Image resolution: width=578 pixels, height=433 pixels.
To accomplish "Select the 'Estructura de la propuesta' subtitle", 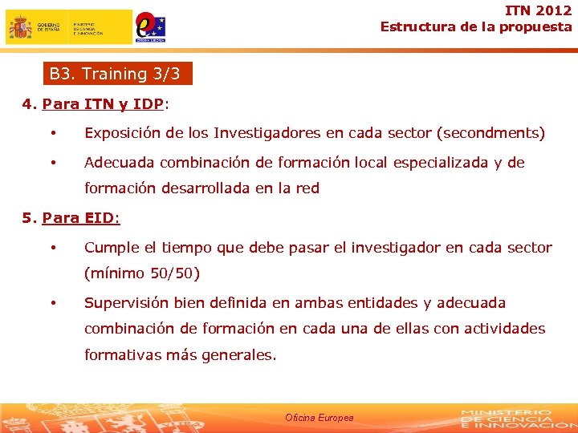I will click(x=476, y=26).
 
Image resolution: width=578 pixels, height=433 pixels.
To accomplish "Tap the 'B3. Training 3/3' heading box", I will click(x=118, y=75).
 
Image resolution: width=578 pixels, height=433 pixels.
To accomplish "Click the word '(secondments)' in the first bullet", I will click(x=493, y=133).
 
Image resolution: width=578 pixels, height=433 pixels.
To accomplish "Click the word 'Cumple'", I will click(x=110, y=248).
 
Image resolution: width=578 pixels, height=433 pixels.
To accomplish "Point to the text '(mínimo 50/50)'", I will click(x=142, y=273).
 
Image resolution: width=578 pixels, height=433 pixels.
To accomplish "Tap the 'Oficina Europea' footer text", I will click(x=319, y=418).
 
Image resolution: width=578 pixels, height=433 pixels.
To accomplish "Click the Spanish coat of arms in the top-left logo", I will click(x=21, y=28).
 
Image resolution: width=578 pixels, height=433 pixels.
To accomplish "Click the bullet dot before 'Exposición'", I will click(x=53, y=133).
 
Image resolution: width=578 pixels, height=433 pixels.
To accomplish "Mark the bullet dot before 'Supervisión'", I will click(x=53, y=303).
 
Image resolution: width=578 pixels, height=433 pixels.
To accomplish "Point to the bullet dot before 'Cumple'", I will click(x=53, y=248).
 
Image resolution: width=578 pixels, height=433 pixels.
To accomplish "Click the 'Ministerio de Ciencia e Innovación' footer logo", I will click(x=506, y=418).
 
